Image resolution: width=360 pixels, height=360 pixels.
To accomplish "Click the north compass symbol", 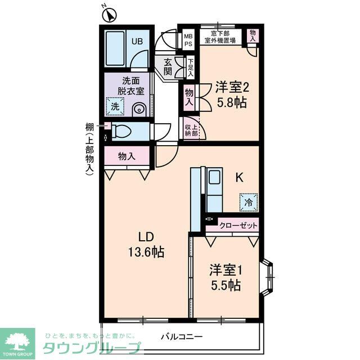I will click(109, 13).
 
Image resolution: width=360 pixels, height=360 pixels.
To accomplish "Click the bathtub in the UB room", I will click(116, 48).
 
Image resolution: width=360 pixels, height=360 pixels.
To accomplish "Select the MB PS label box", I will click(188, 38).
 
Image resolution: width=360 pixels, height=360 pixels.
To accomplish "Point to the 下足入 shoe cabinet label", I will click(191, 67).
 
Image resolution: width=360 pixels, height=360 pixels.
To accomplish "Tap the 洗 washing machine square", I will click(115, 106).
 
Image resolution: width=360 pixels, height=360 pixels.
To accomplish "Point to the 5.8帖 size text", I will click(232, 103).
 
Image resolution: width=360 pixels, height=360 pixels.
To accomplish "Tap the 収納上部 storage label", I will click(191, 130).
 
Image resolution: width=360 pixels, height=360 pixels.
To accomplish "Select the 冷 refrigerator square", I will click(247, 201).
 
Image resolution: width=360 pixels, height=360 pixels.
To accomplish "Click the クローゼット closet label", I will click(238, 225).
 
